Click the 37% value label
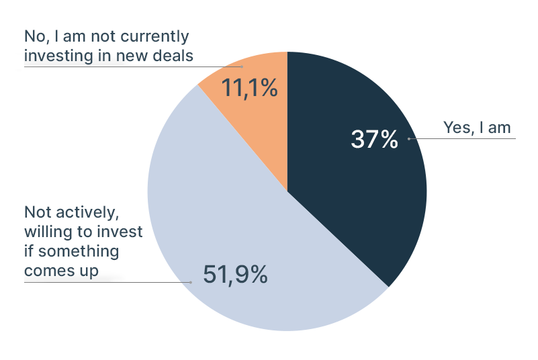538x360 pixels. [374, 140]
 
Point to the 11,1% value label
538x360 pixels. [250, 88]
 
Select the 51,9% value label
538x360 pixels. [235, 274]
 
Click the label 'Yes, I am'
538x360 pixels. [477, 128]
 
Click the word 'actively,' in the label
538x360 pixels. [89, 212]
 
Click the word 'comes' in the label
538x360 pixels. [51, 271]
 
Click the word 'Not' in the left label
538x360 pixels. [38, 212]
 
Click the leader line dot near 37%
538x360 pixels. [409, 139]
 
